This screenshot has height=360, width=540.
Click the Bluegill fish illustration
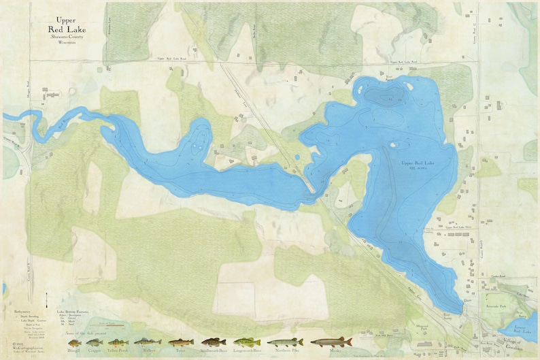pyautogui.click(x=74, y=342)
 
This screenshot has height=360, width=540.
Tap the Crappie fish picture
pyautogui.click(x=94, y=342)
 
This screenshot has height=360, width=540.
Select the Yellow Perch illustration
pyautogui.click(x=118, y=342)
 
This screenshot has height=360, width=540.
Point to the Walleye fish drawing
pyautogui.click(x=148, y=342)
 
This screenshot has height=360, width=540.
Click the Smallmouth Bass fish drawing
pyautogui.click(x=214, y=342)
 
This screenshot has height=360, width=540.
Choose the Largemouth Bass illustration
pyautogui.click(x=247, y=342)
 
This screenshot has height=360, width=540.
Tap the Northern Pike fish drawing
pyautogui.click(x=286, y=342)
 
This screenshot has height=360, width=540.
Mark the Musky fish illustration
pyautogui.click(x=331, y=342)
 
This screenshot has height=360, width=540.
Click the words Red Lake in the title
pyautogui.click(x=63, y=29)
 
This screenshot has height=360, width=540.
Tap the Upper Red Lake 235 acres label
pyautogui.click(x=417, y=165)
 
